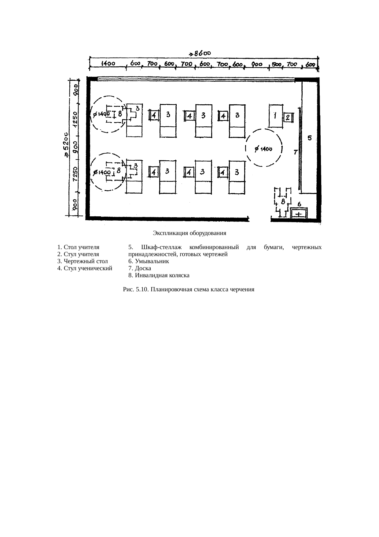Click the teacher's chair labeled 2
tap(289, 117)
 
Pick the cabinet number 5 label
tap(310, 138)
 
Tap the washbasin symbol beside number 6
tap(299, 213)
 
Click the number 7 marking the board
tap(296, 152)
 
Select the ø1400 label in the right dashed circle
tap(263, 149)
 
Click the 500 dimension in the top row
tap(277, 65)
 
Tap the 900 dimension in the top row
tap(256, 64)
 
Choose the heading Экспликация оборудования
tap(189, 233)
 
